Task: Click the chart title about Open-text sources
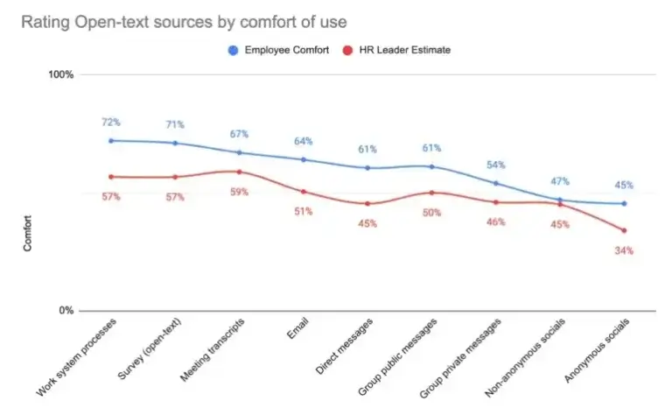[x=178, y=20]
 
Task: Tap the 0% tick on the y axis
[x=65, y=311]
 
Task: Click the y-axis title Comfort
[x=27, y=234]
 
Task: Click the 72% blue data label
[x=111, y=122]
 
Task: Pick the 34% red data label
[x=624, y=250]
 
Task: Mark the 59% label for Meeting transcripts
[x=240, y=192]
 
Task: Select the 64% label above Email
[x=304, y=141]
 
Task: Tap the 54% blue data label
[x=495, y=165]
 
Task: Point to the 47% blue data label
[x=560, y=181]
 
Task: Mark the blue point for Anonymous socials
[x=624, y=204]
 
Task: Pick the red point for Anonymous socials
[x=624, y=230]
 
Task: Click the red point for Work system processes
[x=111, y=177]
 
